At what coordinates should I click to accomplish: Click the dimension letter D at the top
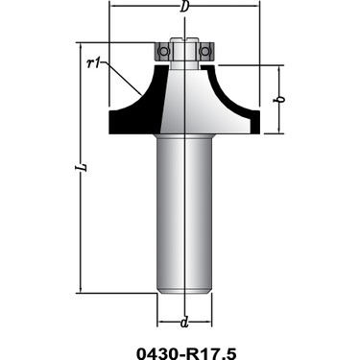(x=183, y=7)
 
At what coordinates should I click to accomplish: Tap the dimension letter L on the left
(x=83, y=167)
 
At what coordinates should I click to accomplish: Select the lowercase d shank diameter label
(x=184, y=323)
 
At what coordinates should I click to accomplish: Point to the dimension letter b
(x=280, y=99)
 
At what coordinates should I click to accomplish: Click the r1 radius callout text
(x=93, y=63)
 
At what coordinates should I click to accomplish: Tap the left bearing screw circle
(x=163, y=51)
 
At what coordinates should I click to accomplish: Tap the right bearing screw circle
(x=204, y=51)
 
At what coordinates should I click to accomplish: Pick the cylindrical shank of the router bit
(x=184, y=213)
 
